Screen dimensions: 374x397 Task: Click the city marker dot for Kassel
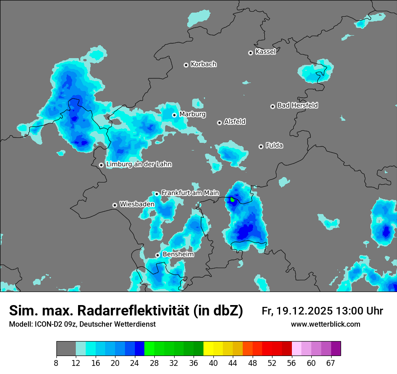coord(251,53)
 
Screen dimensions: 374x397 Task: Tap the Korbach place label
coord(203,64)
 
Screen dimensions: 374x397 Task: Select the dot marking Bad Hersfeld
coord(272,106)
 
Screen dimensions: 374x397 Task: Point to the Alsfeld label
coord(235,122)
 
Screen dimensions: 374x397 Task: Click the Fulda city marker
coord(261,146)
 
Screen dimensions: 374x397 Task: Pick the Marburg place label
coord(192,114)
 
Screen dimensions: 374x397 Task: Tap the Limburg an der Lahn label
coord(139,164)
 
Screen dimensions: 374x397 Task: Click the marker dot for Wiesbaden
coord(115,205)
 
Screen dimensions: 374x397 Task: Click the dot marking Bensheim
coord(157,255)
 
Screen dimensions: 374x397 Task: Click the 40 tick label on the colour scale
coord(213,363)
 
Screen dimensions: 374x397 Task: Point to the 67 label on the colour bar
coord(330,363)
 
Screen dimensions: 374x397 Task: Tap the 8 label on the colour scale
coord(56,363)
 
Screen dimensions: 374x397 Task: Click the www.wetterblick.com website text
coord(326,324)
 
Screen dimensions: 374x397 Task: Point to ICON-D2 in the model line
coord(46,324)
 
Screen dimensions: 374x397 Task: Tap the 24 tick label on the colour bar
coord(135,363)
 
